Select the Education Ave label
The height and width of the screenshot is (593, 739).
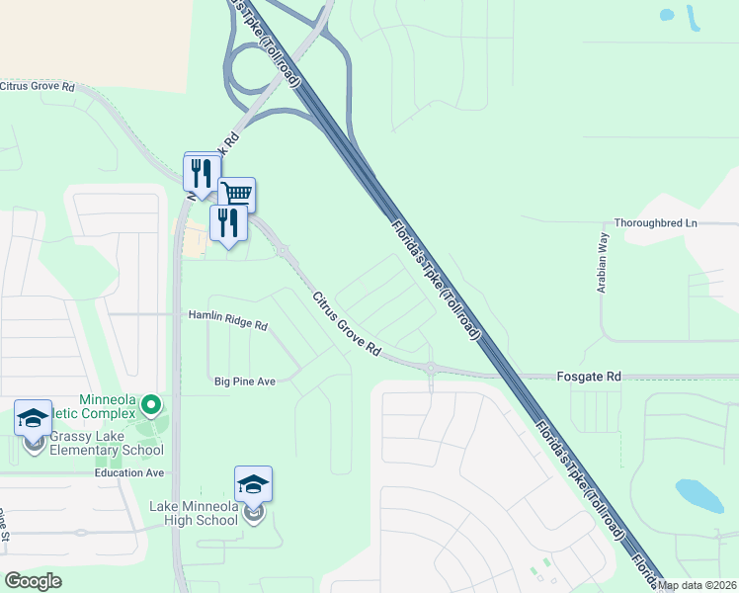(129, 472)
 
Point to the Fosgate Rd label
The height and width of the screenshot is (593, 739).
(588, 377)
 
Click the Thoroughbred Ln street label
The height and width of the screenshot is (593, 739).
(656, 223)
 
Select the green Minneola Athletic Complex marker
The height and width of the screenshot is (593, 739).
(150, 404)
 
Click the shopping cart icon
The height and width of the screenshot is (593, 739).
(237, 193)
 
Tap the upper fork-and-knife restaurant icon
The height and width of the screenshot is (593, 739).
(202, 172)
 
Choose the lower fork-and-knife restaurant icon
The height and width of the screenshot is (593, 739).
(228, 222)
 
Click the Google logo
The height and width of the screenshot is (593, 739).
(33, 581)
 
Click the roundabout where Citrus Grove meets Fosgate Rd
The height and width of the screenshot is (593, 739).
(431, 370)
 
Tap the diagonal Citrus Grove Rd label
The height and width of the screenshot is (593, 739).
(347, 324)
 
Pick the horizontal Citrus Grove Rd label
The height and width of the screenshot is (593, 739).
(38, 87)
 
